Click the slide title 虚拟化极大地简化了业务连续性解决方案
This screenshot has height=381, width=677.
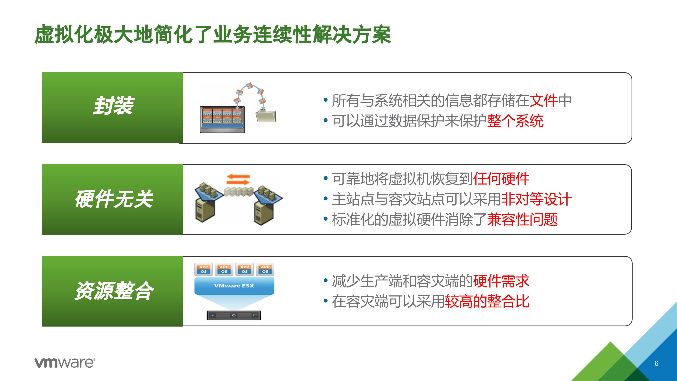pyautogui.click(x=213, y=34)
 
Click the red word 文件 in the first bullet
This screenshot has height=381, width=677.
pyautogui.click(x=544, y=101)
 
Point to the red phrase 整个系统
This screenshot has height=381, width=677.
pyautogui.click(x=515, y=121)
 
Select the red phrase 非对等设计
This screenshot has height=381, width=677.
pyautogui.click(x=536, y=199)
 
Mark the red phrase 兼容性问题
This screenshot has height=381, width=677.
pyautogui.click(x=522, y=219)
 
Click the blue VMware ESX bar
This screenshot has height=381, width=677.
pyautogui.click(x=234, y=286)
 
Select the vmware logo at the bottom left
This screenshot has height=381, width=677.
pyautogui.click(x=65, y=363)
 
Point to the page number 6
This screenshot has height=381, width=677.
pyautogui.click(x=656, y=363)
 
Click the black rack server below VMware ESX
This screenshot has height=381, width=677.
pyautogui.click(x=234, y=315)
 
